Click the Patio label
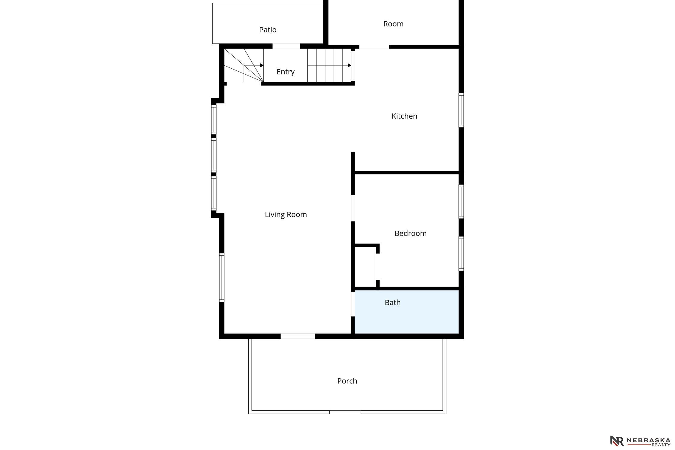(x=268, y=30)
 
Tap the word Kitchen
(x=404, y=116)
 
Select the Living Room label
(x=286, y=214)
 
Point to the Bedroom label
(x=410, y=233)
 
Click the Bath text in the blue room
(x=392, y=302)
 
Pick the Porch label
(x=347, y=381)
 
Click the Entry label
(x=285, y=72)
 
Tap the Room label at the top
(x=393, y=24)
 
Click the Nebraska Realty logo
(x=640, y=441)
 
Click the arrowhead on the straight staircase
(x=349, y=65)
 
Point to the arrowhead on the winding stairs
(x=262, y=65)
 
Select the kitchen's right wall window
(x=461, y=110)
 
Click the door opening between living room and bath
(x=353, y=304)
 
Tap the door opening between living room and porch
(x=298, y=336)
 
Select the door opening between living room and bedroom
(x=353, y=208)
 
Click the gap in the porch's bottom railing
(x=345, y=412)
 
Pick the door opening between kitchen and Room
(x=374, y=47)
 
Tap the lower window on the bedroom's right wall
(x=461, y=253)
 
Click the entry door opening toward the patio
(x=286, y=46)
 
